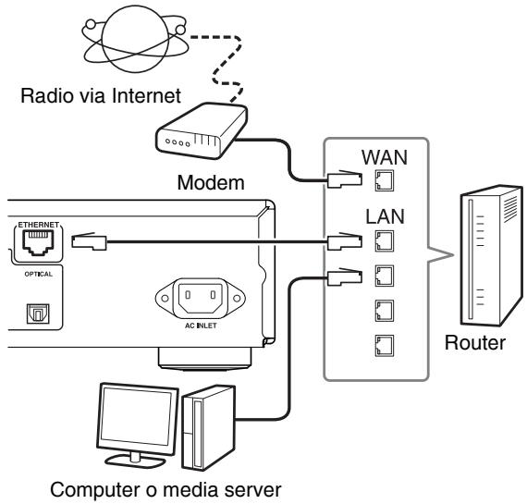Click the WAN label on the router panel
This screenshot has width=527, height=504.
tap(385, 157)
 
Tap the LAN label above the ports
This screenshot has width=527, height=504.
tap(385, 216)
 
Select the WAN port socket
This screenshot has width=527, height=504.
tap(385, 181)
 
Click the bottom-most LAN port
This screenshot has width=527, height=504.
tap(385, 346)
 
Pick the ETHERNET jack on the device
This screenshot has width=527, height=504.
tap(38, 242)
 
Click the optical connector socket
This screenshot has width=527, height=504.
tap(38, 313)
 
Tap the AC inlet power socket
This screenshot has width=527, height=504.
tap(201, 298)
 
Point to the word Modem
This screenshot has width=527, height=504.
tap(211, 183)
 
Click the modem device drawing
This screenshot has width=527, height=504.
tap(202, 131)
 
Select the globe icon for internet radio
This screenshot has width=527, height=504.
tap(135, 39)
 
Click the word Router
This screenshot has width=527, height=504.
tap(475, 343)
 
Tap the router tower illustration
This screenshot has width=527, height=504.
tap(491, 255)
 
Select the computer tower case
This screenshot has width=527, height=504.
tap(209, 427)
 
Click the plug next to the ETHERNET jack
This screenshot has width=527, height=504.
tap(89, 241)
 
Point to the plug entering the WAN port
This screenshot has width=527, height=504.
tap(345, 178)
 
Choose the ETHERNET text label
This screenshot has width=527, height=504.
tap(38, 225)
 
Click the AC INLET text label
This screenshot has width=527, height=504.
tap(201, 326)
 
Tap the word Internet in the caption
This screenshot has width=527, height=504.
tap(146, 96)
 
